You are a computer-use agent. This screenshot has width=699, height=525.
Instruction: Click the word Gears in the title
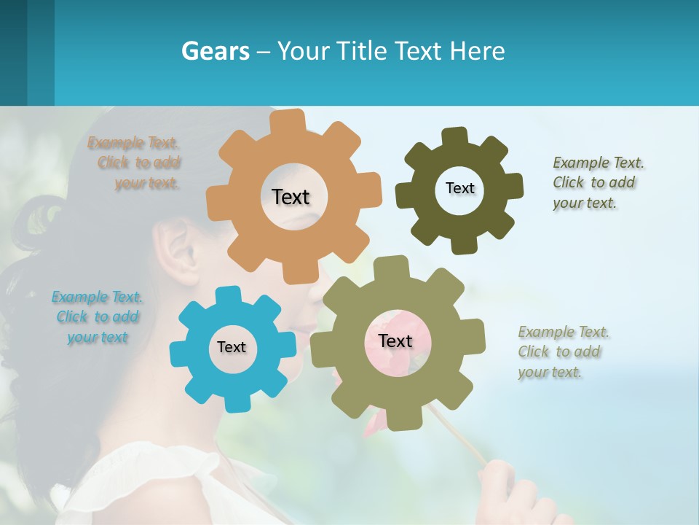pyautogui.click(x=215, y=51)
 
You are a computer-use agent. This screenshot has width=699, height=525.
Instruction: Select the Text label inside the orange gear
pyautogui.click(x=291, y=197)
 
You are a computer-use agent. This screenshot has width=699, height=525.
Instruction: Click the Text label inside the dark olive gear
pyautogui.click(x=459, y=188)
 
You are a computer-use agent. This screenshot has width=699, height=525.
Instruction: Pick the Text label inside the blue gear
pyautogui.click(x=231, y=347)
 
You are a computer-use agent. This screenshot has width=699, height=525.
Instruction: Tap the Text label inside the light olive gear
pyautogui.click(x=395, y=341)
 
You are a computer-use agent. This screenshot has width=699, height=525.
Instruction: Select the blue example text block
pyautogui.click(x=98, y=317)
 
